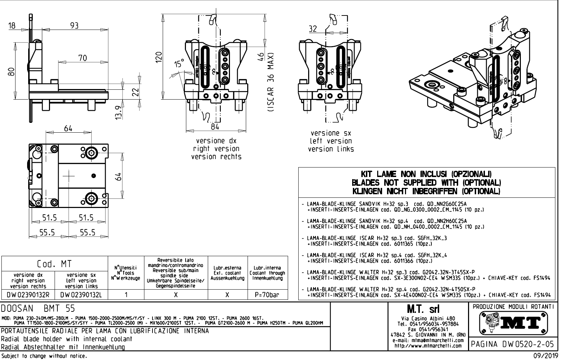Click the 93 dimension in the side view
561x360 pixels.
click(74, 26)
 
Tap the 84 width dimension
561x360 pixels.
click(215, 126)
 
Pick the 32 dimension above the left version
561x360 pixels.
click(313, 29)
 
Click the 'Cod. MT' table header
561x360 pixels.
click(55, 264)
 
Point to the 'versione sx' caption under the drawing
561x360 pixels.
click(331, 133)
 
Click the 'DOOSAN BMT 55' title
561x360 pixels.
click(38, 309)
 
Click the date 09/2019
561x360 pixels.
click(546, 356)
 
